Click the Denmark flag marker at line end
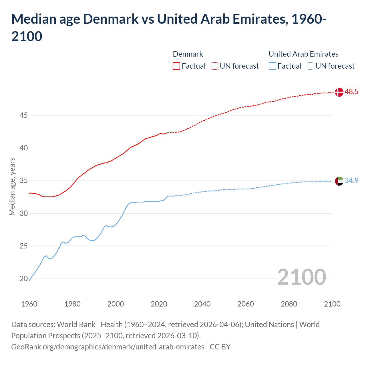click(339, 92)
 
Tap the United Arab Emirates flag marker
click(339, 181)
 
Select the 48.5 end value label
click(351, 92)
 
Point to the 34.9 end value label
click(351, 181)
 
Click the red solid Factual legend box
click(176, 66)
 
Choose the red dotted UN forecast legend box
click(214, 66)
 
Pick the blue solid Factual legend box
click(272, 66)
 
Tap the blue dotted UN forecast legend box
click(310, 66)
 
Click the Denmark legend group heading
click(188, 54)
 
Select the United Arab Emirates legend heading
click(303, 54)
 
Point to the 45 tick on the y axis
click(23, 116)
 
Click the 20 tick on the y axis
click(23, 279)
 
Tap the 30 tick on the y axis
click(23, 214)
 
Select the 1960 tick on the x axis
click(29, 304)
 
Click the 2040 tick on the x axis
click(202, 304)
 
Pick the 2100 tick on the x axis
click(332, 304)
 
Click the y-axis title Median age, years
click(12, 186)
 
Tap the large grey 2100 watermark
click(301, 277)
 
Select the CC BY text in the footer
click(220, 347)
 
